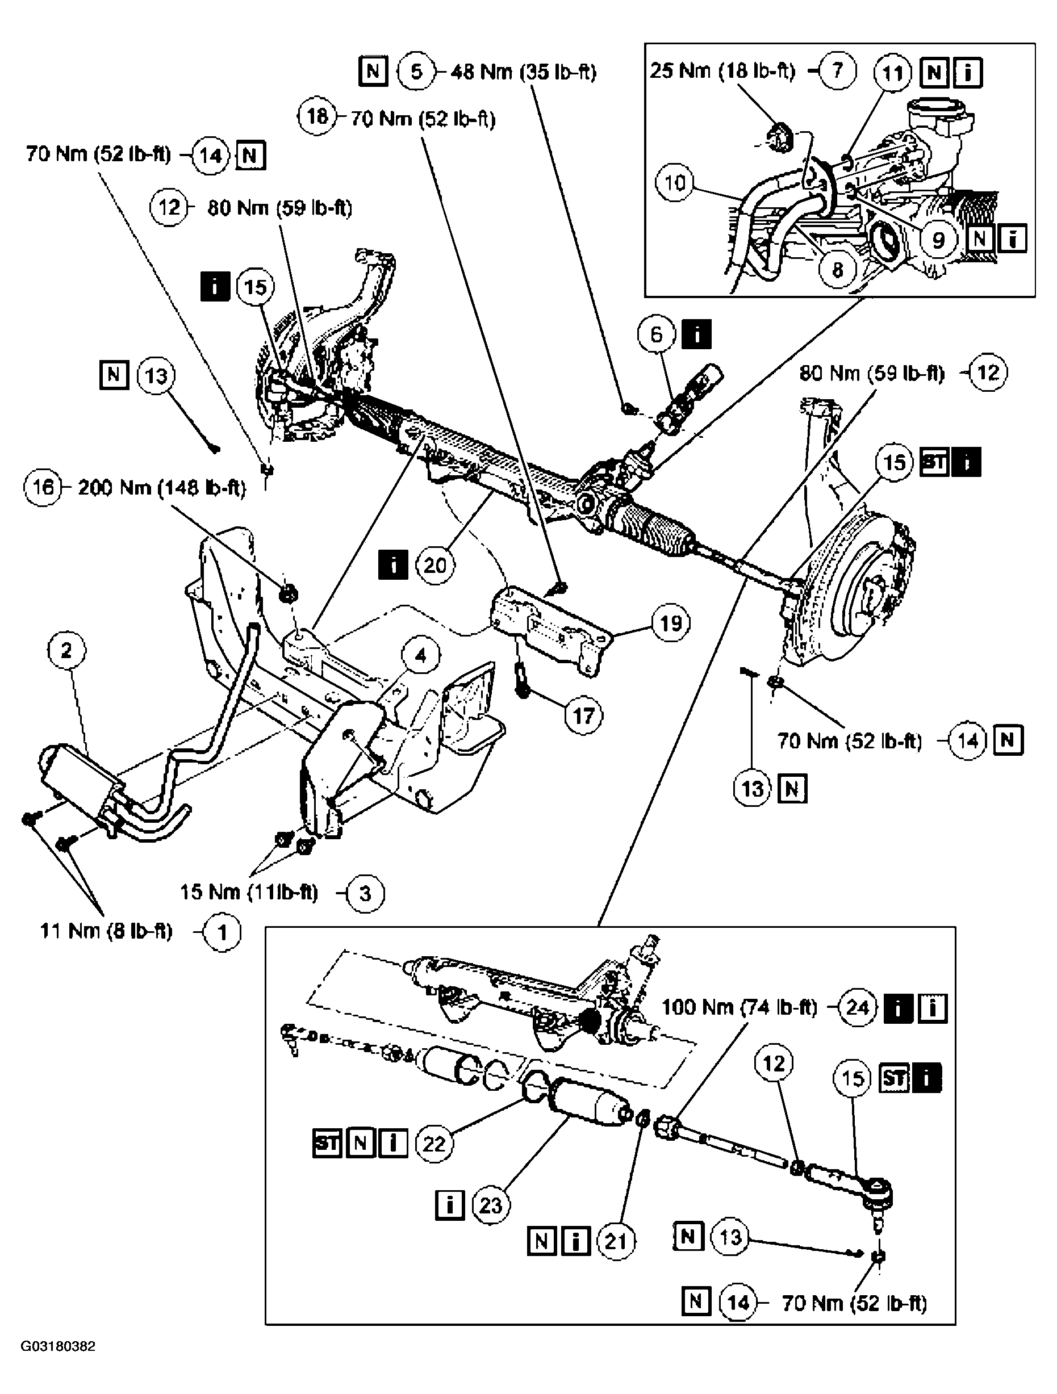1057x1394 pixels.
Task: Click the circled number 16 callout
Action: [x=42, y=487]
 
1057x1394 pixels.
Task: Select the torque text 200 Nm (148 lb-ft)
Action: [x=161, y=488]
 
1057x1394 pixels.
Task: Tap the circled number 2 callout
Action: [x=66, y=650]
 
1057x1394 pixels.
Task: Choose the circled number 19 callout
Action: [x=670, y=623]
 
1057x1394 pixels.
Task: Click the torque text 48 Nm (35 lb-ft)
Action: [x=523, y=72]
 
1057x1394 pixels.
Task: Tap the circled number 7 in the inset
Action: [x=837, y=70]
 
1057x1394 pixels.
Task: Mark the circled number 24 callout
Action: [x=857, y=1007]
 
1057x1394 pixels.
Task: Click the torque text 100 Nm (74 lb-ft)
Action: [x=739, y=1007]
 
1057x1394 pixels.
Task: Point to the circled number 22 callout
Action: [x=433, y=1143]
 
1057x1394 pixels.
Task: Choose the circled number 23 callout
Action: [x=490, y=1205]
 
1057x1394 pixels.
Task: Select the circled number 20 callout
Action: [x=435, y=566]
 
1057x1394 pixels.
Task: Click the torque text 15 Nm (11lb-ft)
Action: [x=249, y=893]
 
